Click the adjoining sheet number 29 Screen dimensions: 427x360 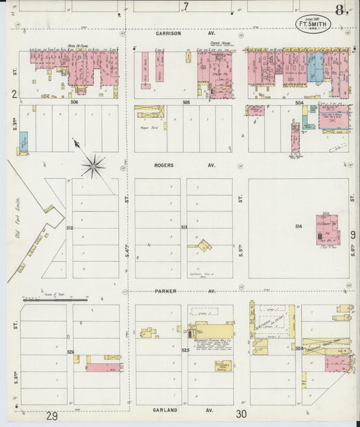click(x=51, y=416)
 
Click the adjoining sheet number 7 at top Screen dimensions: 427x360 click(x=186, y=7)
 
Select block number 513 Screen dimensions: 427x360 click(x=184, y=228)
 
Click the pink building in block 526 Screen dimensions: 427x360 click(x=103, y=368)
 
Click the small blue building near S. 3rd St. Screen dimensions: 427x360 click(x=24, y=141)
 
